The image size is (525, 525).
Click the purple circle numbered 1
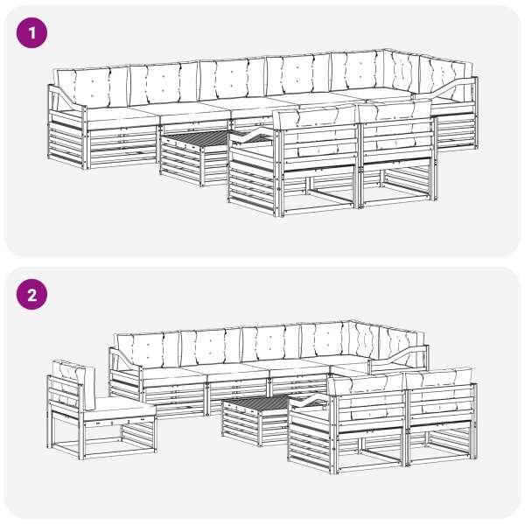[31, 33]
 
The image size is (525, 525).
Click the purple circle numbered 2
[31, 295]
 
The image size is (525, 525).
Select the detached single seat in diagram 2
[101, 410]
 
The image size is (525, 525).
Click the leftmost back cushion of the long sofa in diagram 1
[92, 87]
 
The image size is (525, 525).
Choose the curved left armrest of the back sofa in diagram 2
[124, 358]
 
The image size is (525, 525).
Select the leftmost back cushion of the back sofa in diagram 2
[147, 350]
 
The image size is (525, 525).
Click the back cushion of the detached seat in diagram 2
[74, 385]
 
